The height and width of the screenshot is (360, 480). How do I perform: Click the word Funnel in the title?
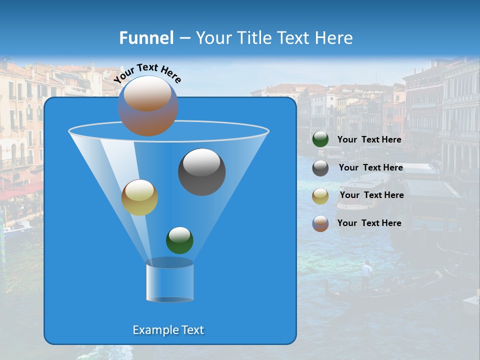tap(146, 38)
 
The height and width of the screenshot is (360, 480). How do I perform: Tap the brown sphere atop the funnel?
tap(147, 106)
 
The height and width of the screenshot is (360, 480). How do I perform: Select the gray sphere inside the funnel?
tap(201, 172)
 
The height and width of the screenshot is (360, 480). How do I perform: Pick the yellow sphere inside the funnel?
tap(139, 197)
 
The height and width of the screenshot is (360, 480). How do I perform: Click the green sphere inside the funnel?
tap(179, 240)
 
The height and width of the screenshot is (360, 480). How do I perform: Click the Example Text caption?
tap(168, 330)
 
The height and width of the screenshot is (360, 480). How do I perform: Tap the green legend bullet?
tap(320, 139)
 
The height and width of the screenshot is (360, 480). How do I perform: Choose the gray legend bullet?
tap(320, 168)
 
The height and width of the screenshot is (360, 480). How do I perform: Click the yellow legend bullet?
tap(320, 195)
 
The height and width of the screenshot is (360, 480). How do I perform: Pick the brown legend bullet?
tap(320, 223)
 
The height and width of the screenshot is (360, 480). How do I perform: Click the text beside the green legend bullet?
tap(369, 139)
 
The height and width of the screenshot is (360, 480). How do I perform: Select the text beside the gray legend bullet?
tap(370, 167)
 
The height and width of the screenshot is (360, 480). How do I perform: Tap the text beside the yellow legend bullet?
tap(371, 195)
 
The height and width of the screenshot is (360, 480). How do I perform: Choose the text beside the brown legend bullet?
tap(369, 223)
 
